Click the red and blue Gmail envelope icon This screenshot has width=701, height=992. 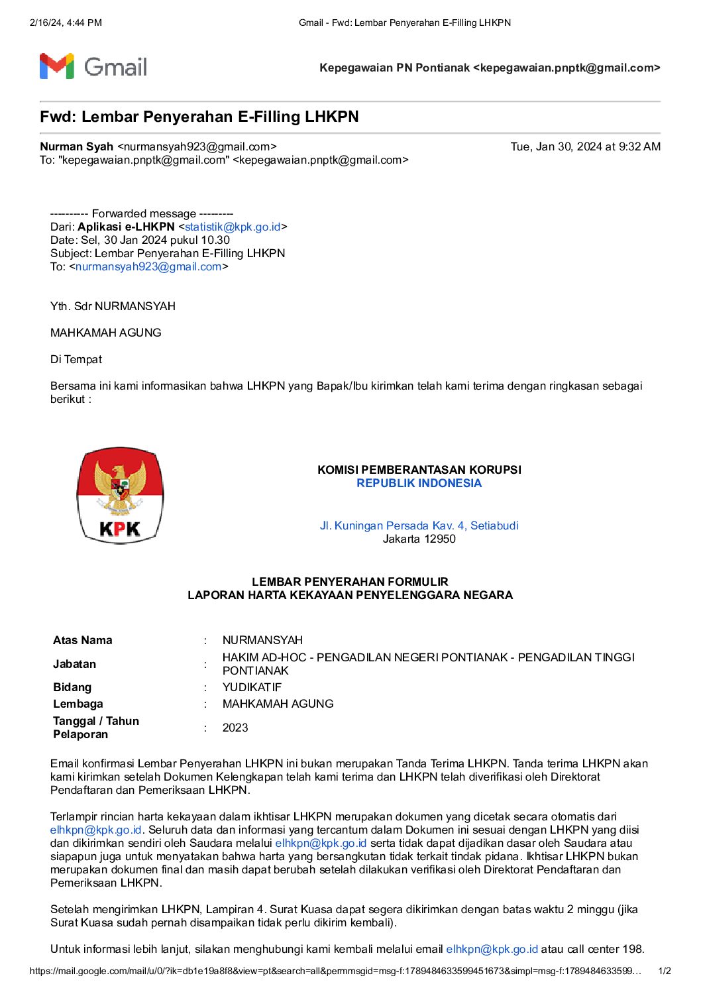(56, 66)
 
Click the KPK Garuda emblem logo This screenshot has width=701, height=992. (120, 495)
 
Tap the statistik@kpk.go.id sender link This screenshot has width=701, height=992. (233, 227)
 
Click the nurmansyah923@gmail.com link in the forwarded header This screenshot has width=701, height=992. (148, 266)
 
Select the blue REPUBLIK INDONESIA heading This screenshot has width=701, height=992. (419, 483)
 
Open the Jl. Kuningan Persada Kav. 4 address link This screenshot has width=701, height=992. (419, 525)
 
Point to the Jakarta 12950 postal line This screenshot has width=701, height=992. (419, 539)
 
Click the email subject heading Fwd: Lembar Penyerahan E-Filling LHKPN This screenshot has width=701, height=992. (199, 117)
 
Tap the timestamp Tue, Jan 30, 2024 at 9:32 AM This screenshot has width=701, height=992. (585, 146)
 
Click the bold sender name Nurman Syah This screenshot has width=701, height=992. (76, 146)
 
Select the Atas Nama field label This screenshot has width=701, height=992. (83, 640)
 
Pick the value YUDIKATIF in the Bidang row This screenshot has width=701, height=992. (252, 687)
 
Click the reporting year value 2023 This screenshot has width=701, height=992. (235, 728)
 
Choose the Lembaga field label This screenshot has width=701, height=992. (78, 704)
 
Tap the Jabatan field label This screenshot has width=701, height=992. (75, 664)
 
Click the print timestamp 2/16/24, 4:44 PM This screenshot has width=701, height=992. (66, 23)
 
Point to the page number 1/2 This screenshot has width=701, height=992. (665, 971)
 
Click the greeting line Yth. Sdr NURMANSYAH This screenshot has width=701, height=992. (113, 306)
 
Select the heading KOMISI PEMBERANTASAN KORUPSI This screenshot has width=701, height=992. (419, 470)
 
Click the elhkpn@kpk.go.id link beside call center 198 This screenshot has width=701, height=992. (492, 949)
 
